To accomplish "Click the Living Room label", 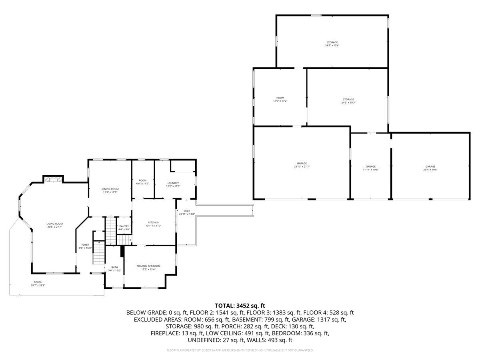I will click(x=54, y=224).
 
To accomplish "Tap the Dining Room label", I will click(x=110, y=189).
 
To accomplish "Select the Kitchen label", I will click(x=154, y=222).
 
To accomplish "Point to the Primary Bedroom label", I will click(x=148, y=266).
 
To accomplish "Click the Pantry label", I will click(x=124, y=226).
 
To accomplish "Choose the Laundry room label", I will click(x=173, y=183).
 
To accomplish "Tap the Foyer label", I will click(x=85, y=244).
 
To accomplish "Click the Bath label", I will click(x=114, y=267).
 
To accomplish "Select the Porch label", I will click(x=38, y=282).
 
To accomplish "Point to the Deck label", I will click(x=187, y=211).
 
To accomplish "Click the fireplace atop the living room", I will click(x=53, y=180).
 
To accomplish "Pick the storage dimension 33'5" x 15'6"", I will click(x=332, y=46).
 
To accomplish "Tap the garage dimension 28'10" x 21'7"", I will click(x=302, y=167).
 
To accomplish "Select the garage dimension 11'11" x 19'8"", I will click(x=370, y=170).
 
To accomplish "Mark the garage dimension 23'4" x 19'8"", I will click(x=430, y=170).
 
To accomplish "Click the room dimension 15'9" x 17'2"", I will click(x=280, y=101).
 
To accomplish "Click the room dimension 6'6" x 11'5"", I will click(x=142, y=184).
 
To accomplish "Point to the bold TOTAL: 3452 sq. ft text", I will click(x=240, y=306).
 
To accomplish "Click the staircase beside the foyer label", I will click(x=98, y=252).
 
